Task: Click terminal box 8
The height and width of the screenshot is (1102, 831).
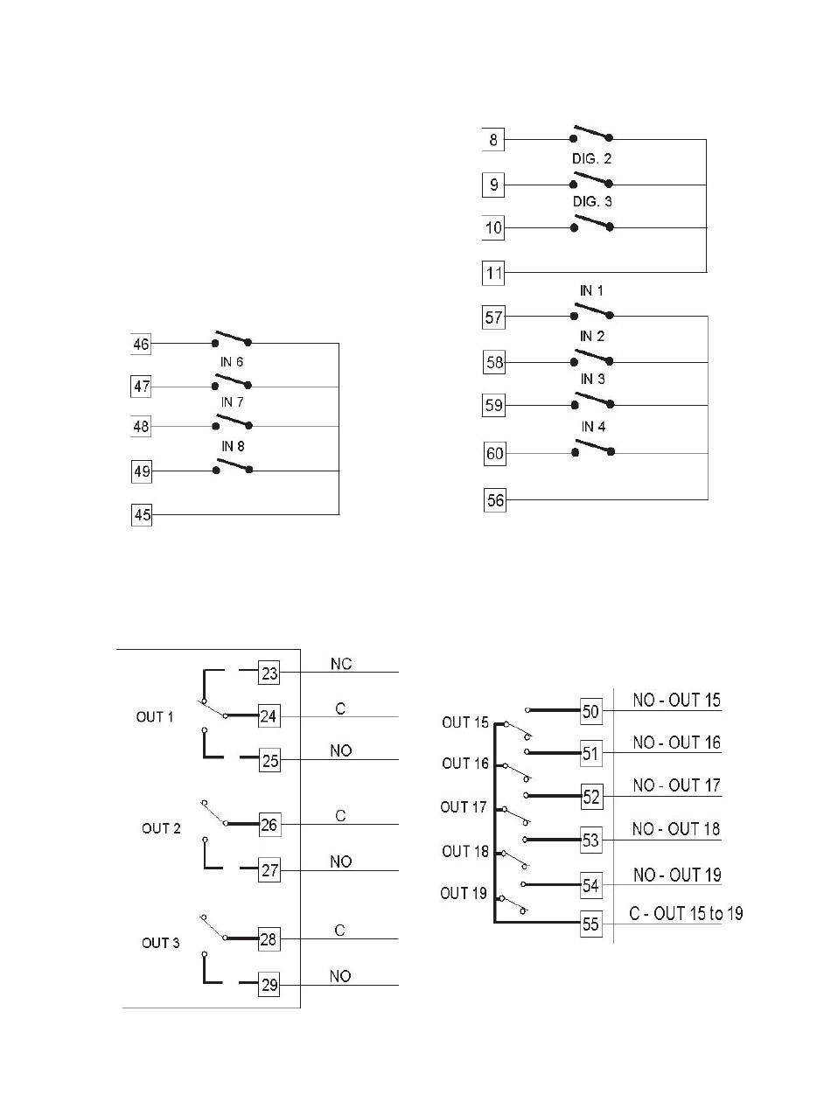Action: point(492,139)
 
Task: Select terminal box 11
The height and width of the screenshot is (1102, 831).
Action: point(492,273)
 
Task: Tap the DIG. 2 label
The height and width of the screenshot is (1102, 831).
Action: point(591,158)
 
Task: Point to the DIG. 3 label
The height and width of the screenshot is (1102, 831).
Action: point(591,201)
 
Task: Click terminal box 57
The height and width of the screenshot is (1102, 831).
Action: point(493,317)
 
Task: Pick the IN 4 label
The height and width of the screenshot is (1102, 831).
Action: point(592,426)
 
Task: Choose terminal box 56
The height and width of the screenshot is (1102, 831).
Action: point(494,499)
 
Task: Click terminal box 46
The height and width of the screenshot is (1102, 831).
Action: point(141,344)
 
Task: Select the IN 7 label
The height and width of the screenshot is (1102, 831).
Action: point(232,402)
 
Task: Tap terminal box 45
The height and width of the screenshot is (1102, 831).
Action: point(142,514)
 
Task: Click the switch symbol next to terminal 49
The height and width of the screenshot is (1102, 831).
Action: point(233,466)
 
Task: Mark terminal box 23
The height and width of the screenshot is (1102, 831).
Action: point(269,673)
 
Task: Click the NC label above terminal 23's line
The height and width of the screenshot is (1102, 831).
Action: point(340,664)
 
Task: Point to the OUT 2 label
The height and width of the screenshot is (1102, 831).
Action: point(161,828)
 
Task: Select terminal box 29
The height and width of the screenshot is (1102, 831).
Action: point(269,985)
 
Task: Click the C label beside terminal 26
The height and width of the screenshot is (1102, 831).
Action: point(340,815)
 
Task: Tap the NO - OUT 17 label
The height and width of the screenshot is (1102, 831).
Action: point(676,785)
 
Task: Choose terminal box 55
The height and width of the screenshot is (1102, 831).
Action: point(590,923)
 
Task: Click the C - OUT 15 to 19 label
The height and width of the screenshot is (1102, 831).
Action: point(686,913)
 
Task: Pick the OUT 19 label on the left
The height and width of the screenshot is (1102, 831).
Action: point(463,893)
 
